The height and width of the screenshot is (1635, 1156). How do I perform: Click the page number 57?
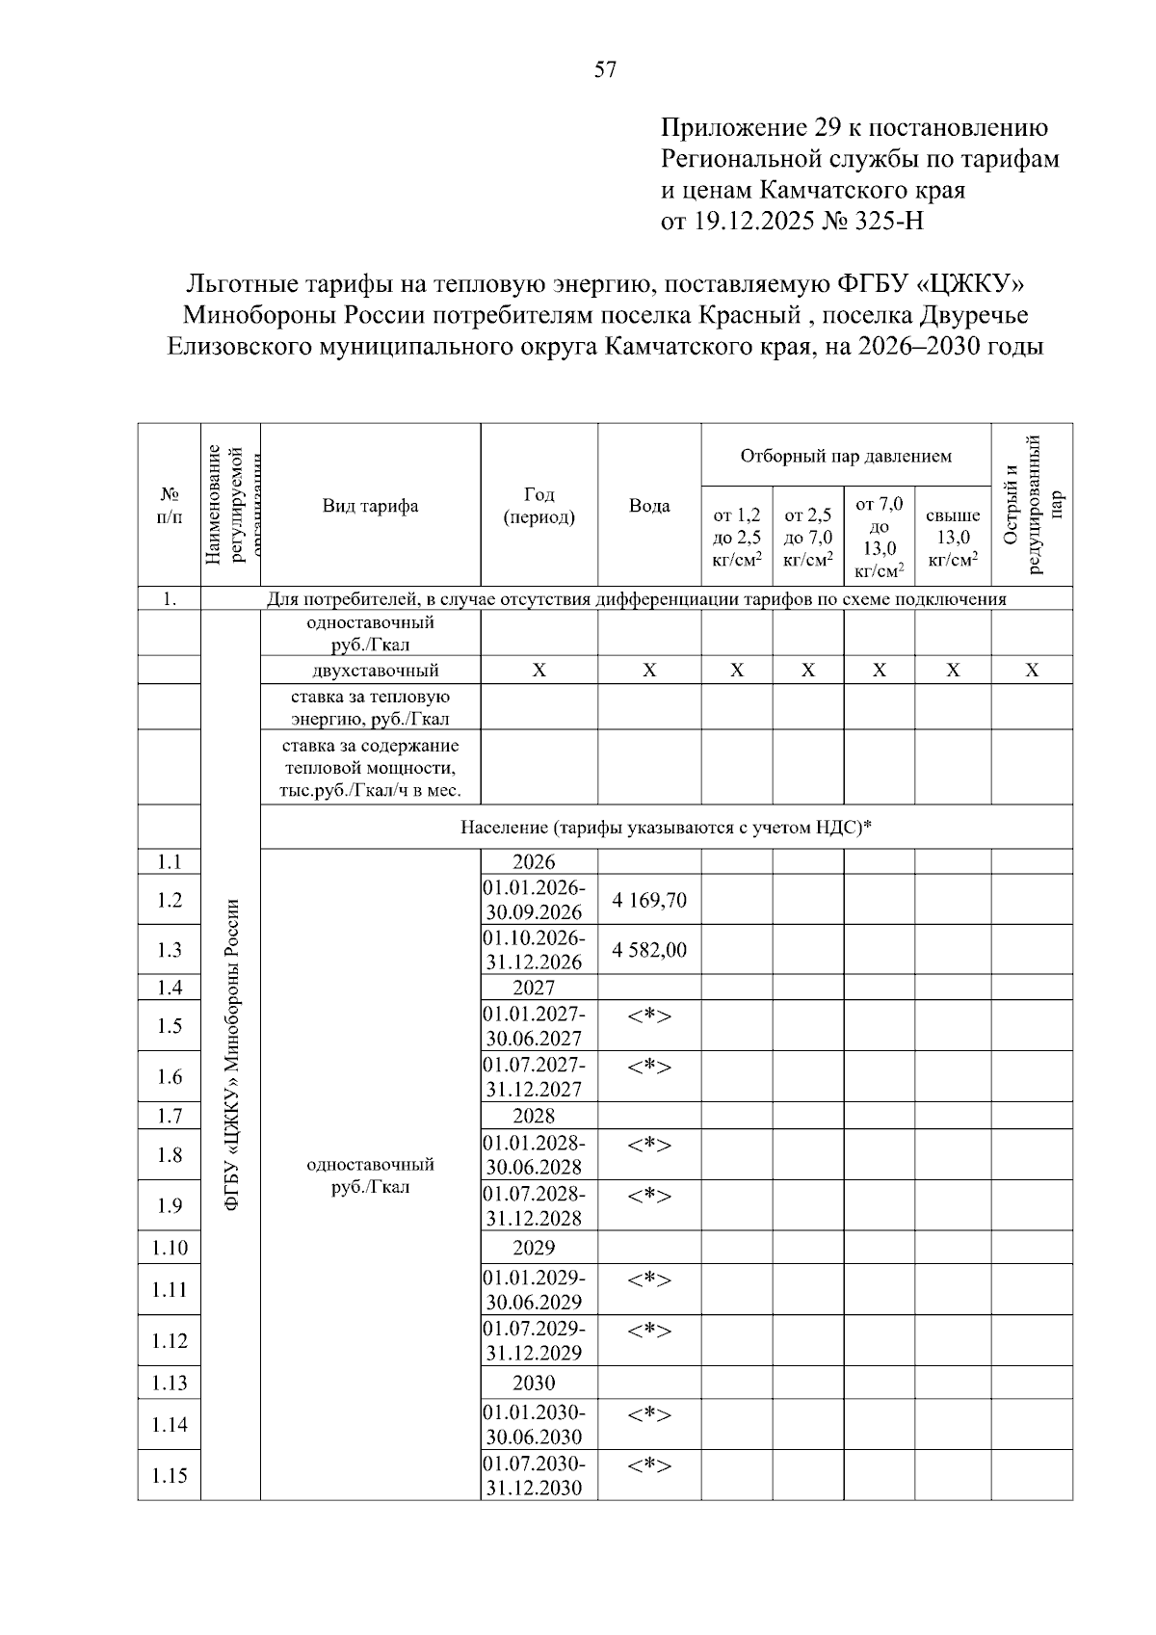605,70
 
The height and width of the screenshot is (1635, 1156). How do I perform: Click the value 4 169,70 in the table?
649,900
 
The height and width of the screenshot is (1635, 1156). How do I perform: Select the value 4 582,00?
649,950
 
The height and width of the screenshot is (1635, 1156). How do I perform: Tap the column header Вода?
649,506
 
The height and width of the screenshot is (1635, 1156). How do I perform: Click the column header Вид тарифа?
370,506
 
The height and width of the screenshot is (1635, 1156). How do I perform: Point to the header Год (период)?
539,506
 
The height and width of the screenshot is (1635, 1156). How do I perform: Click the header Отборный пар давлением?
845,456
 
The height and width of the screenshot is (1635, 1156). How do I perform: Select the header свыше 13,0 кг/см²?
952,538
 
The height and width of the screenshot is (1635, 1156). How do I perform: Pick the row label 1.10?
170,1248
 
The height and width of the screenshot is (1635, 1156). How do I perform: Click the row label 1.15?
170,1475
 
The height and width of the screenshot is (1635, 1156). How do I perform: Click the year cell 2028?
534,1116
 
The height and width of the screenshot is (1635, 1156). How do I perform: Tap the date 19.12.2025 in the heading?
754,222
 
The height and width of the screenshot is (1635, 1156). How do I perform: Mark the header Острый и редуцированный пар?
1032,504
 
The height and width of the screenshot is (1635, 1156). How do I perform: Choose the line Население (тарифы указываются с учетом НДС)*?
666,827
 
